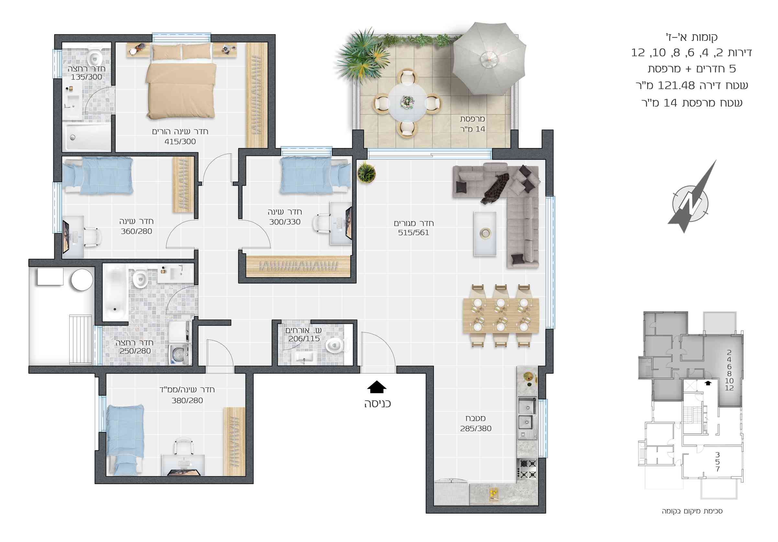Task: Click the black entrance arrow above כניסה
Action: pos(377,387)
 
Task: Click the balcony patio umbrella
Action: pos(489,58)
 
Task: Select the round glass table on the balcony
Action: pos(407,102)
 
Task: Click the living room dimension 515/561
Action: pos(413,233)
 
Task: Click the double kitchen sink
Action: pos(527,414)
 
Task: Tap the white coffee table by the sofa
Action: pos(485,234)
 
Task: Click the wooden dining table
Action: pos(501,315)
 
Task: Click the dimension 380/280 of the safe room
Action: pos(187,401)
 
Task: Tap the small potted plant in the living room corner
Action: pos(366,173)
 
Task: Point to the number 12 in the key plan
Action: pos(729,388)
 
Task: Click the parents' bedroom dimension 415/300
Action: pos(180,142)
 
